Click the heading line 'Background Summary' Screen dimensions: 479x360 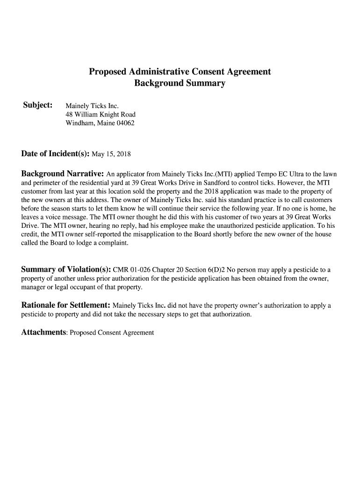coord(180,84)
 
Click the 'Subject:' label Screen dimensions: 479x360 coord(37,105)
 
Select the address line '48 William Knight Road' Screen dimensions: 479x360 coord(101,114)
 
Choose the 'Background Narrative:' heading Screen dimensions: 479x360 coord(63,174)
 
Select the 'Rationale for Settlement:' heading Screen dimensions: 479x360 coord(66,305)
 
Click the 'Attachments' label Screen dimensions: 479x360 coord(43,332)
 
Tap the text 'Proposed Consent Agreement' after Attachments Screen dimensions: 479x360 coord(112,333)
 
